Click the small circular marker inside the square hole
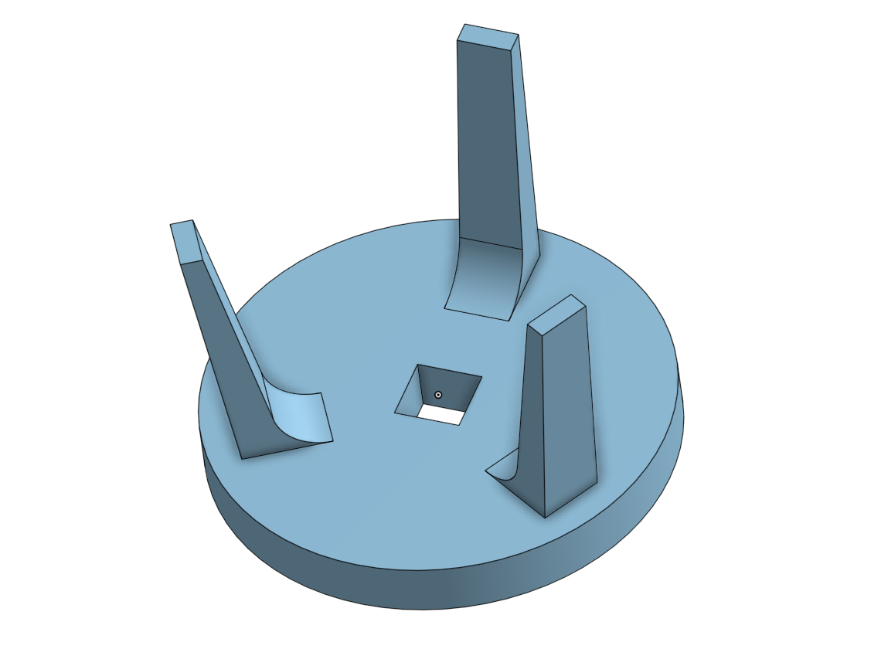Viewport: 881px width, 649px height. [x=438, y=395]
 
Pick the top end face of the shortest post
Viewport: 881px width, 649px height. [x=557, y=314]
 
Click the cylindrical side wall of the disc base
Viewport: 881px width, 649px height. [x=433, y=579]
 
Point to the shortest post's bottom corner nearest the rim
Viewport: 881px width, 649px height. [x=546, y=517]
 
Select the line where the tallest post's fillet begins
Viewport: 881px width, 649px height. [x=492, y=243]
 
